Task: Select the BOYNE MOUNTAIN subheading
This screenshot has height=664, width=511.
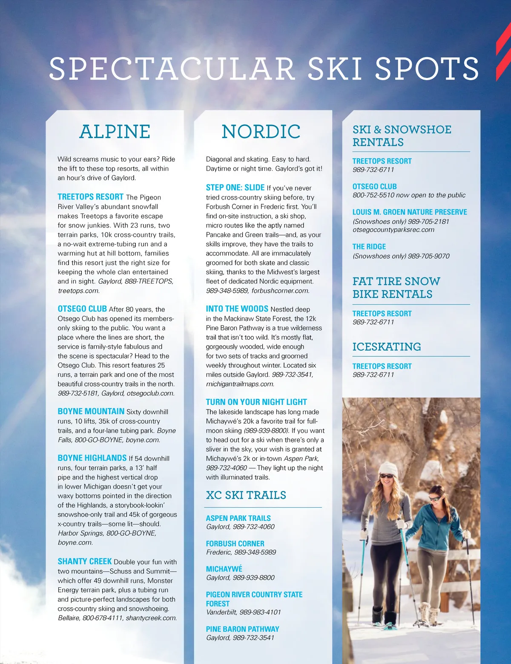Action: click(x=91, y=411)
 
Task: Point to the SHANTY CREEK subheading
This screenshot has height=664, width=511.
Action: click(x=85, y=561)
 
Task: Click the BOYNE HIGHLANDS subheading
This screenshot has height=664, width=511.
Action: click(x=92, y=458)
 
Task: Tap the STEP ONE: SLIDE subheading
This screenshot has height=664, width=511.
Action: click(x=235, y=188)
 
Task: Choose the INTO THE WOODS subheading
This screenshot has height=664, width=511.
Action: click(x=237, y=309)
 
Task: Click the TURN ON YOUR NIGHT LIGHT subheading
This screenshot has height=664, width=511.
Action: click(x=256, y=402)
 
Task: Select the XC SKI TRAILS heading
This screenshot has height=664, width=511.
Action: click(x=246, y=495)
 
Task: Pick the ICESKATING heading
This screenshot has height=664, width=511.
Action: click(x=387, y=346)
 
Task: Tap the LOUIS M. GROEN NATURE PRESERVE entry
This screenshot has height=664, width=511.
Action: click(x=410, y=212)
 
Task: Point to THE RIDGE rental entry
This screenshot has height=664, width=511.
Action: click(x=369, y=246)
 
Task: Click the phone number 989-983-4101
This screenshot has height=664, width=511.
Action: click(x=260, y=612)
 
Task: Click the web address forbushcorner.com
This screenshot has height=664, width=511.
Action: click(x=280, y=291)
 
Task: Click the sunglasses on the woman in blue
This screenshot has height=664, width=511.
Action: click(x=435, y=499)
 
